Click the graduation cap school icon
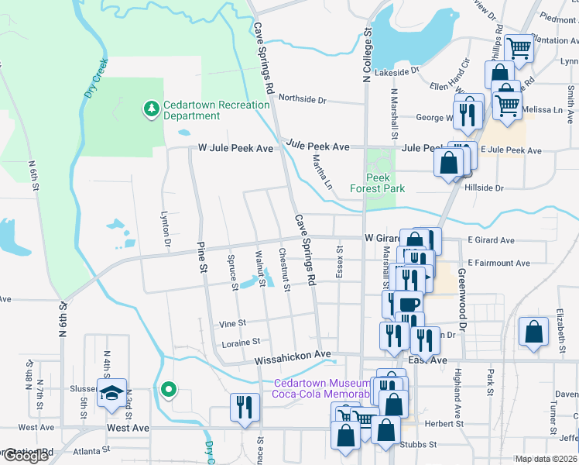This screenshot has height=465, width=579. [x=112, y=393]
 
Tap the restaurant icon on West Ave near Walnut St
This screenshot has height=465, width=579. [x=245, y=407]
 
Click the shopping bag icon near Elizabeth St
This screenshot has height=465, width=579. [x=533, y=332]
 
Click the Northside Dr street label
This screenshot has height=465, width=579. [x=303, y=99]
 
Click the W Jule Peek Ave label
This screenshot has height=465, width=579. [x=235, y=147]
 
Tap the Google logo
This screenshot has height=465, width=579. [x=26, y=456]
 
